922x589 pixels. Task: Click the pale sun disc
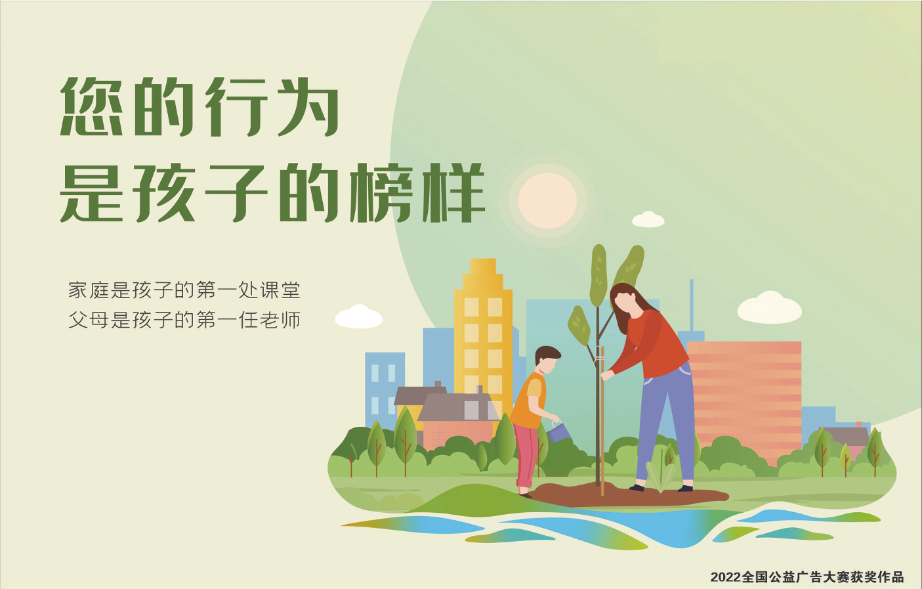click(547, 200)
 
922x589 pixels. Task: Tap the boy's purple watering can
click(558, 431)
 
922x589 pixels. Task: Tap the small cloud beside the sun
click(648, 219)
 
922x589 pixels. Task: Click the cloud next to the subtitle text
click(359, 316)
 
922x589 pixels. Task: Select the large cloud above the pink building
click(769, 307)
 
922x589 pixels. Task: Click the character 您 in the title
click(91, 106)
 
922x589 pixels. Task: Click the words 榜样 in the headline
click(417, 193)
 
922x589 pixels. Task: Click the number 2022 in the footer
click(726, 577)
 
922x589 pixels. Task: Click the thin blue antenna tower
click(692, 305)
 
